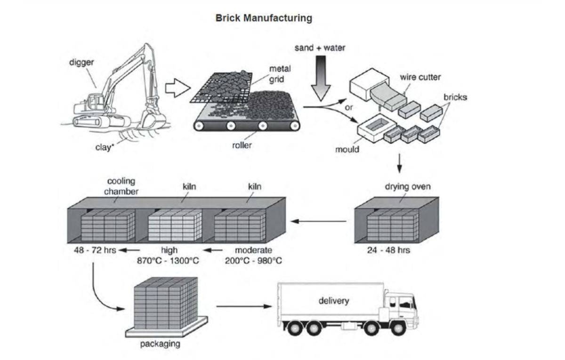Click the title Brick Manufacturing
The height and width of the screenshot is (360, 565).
[264, 18]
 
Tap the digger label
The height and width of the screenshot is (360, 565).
[81, 63]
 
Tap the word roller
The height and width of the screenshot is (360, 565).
[242, 145]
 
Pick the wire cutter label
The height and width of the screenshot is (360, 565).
[420, 77]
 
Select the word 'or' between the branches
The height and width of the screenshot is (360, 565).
[349, 108]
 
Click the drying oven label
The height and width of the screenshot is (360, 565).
[408, 187]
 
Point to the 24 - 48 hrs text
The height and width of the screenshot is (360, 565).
[388, 250]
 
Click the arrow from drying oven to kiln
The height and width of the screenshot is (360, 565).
[320, 220]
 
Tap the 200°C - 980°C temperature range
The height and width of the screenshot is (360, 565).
[253, 260]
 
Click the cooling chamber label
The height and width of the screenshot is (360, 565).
[121, 186]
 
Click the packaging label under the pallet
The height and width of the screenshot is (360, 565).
[160, 344]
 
